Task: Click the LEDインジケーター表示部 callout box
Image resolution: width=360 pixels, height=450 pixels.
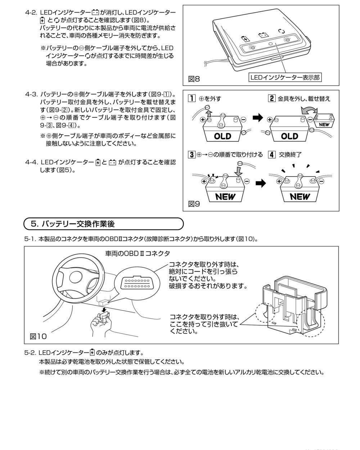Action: pyautogui.click(x=285, y=77)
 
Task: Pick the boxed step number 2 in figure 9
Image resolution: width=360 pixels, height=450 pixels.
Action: pyautogui.click(x=272, y=98)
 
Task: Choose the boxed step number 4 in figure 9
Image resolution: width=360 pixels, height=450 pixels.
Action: pyautogui.click(x=272, y=155)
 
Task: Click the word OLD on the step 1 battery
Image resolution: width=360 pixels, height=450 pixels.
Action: pyautogui.click(x=222, y=136)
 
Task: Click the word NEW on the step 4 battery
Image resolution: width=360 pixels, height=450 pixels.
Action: pyautogui.click(x=300, y=197)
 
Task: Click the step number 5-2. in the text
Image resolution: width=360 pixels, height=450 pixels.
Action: pyautogui.click(x=30, y=352)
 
